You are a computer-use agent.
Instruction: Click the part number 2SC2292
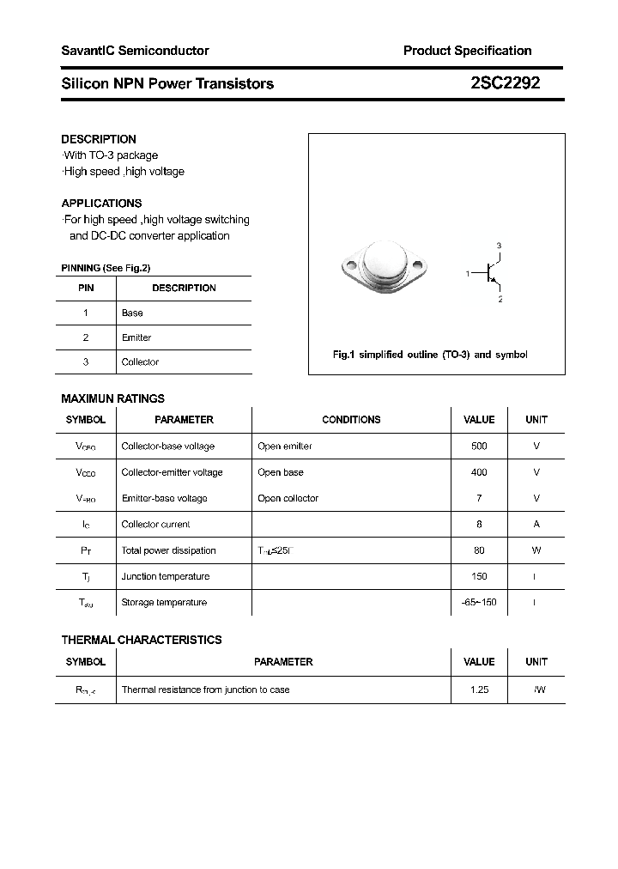505,83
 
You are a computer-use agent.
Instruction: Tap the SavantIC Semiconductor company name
135,51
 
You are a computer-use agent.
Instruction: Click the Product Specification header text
467,51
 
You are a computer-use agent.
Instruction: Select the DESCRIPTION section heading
99,139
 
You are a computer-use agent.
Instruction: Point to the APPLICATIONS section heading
101,204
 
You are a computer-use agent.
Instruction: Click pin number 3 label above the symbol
499,246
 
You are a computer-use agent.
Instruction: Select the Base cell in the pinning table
132,313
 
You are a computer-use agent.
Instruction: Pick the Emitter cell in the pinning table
136,337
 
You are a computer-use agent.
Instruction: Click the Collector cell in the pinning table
140,362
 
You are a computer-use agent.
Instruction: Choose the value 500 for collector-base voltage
479,447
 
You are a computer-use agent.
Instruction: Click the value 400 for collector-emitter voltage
479,472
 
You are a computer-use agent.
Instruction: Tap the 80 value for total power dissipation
479,550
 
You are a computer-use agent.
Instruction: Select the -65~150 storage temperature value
479,603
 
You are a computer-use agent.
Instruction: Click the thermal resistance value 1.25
479,690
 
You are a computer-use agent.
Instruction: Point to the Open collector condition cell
288,499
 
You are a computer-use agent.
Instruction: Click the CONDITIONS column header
351,420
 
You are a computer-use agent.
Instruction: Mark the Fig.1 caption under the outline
430,355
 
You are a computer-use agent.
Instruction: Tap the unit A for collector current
536,525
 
